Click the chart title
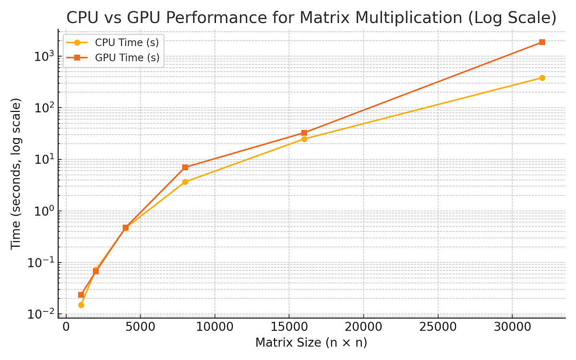pyautogui.click(x=311, y=18)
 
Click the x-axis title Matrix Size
pyautogui.click(x=311, y=343)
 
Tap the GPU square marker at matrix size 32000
pyautogui.click(x=542, y=42)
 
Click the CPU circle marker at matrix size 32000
pyautogui.click(x=542, y=78)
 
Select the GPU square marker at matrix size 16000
pyautogui.click(x=304, y=133)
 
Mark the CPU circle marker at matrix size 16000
pyautogui.click(x=304, y=139)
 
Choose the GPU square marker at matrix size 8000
pyautogui.click(x=185, y=168)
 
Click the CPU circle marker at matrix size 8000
pyautogui.click(x=185, y=182)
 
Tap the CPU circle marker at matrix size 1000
pyautogui.click(x=81, y=305)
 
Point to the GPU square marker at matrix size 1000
pyautogui.click(x=81, y=295)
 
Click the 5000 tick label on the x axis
pyautogui.click(x=140, y=328)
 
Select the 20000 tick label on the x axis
pyautogui.click(x=363, y=328)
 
